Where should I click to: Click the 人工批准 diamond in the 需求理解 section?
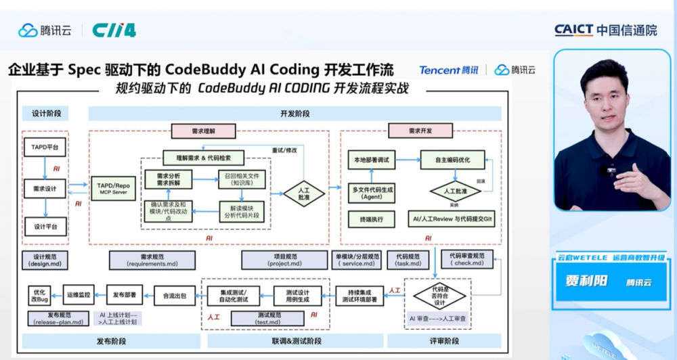click(x=304, y=194)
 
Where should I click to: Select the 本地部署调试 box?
click(x=372, y=160)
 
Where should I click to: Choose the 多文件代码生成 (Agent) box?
click(x=372, y=194)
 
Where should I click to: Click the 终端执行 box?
click(x=372, y=219)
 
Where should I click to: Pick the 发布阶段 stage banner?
click(x=109, y=341)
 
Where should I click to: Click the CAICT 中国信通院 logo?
click(x=605, y=30)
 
